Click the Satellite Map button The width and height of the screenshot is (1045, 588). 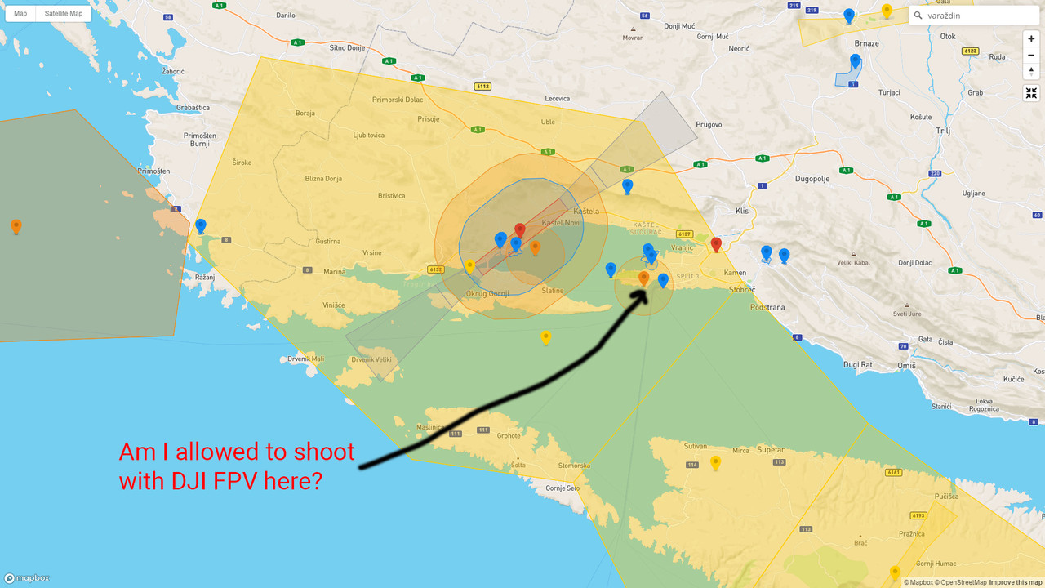tap(64, 13)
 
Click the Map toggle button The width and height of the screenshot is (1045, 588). tap(20, 13)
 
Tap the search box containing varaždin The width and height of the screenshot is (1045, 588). tap(972, 15)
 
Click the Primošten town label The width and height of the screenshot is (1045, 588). tap(153, 171)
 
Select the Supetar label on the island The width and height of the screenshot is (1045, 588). tap(770, 450)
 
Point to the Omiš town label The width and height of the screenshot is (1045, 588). tap(906, 366)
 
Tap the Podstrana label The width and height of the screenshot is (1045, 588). tap(768, 307)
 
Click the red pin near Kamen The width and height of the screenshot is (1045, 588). tap(717, 244)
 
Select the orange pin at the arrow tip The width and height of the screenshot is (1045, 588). tap(643, 278)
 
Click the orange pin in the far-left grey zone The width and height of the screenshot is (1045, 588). tap(16, 226)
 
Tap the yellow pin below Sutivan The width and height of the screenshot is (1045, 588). tap(716, 462)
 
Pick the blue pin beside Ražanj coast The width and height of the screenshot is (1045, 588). tap(201, 225)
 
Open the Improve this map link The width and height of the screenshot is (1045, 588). tap(1016, 582)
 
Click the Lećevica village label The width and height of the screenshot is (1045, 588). tap(558, 99)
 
